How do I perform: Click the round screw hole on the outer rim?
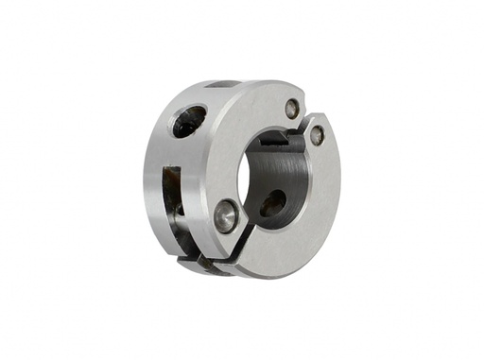tap(187, 121)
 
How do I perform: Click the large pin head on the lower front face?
tap(226, 214)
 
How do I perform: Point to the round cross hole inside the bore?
tap(272, 202)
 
